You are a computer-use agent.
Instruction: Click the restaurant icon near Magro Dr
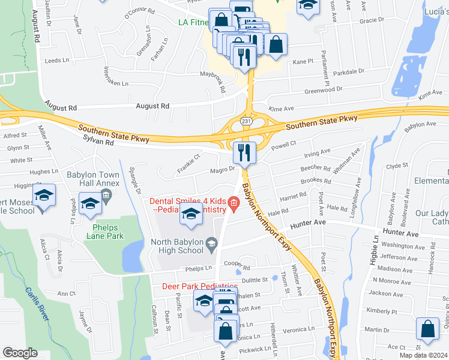[x=244, y=154]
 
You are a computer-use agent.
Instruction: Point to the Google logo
[x=19, y=353]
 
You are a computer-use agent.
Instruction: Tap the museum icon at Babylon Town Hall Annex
[x=106, y=194]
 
